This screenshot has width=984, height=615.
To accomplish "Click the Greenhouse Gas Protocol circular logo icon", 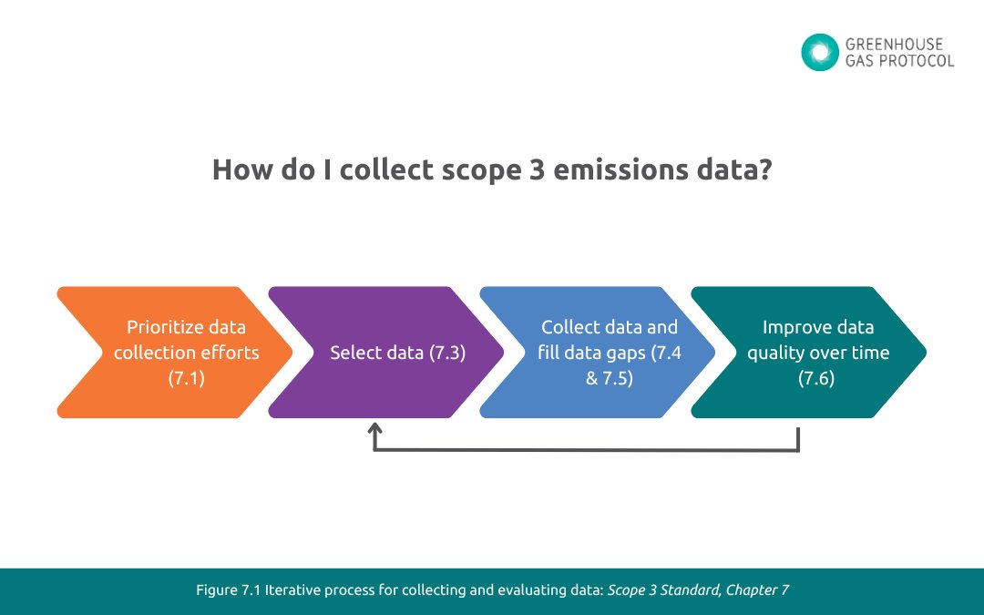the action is click(819, 52).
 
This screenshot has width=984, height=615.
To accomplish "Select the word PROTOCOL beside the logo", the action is click(920, 61).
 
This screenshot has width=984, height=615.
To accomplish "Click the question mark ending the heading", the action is click(763, 170).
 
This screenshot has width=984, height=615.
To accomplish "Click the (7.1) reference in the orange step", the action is click(186, 378).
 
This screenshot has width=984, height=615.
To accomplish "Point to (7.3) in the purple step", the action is click(446, 353).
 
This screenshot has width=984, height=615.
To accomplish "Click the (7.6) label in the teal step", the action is click(816, 378).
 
